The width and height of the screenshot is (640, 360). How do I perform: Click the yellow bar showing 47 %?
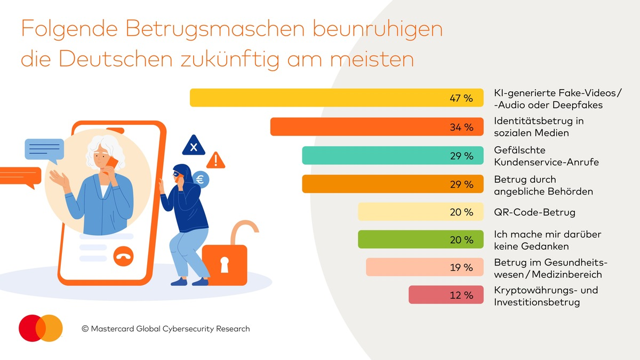point(336,98)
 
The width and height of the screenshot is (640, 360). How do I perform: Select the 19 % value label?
point(461,268)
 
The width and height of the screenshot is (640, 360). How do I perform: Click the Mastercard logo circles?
point(41,328)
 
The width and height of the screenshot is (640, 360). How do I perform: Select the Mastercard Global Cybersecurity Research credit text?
point(165,329)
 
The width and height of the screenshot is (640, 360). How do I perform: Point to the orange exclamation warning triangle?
point(215,159)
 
